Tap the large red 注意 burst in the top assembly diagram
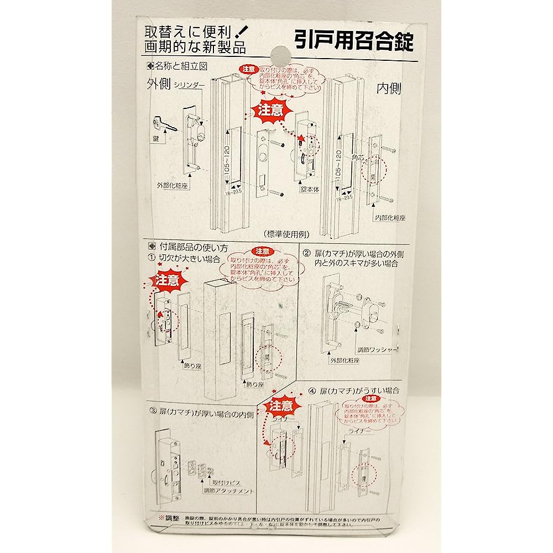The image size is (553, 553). (x=271, y=109)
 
